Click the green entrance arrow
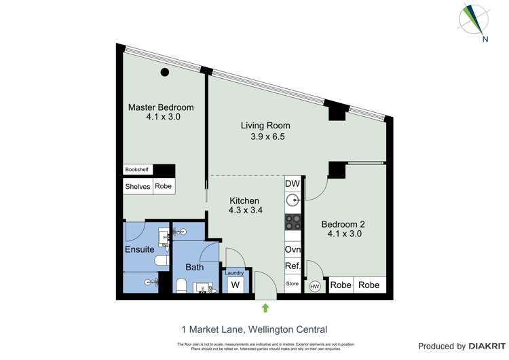265,308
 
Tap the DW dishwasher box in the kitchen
293,184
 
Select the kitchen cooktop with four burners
293,221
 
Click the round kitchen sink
293,200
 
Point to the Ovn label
293,249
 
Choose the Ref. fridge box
293,267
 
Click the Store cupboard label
293,283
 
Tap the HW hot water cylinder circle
314,287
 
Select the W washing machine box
235,285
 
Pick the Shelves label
138,186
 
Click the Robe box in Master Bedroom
164,186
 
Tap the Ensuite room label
140,249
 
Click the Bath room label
195,267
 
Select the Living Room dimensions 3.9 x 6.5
265,137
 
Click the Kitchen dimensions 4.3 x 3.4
245,211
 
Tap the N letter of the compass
485,39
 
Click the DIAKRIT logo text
485,346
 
